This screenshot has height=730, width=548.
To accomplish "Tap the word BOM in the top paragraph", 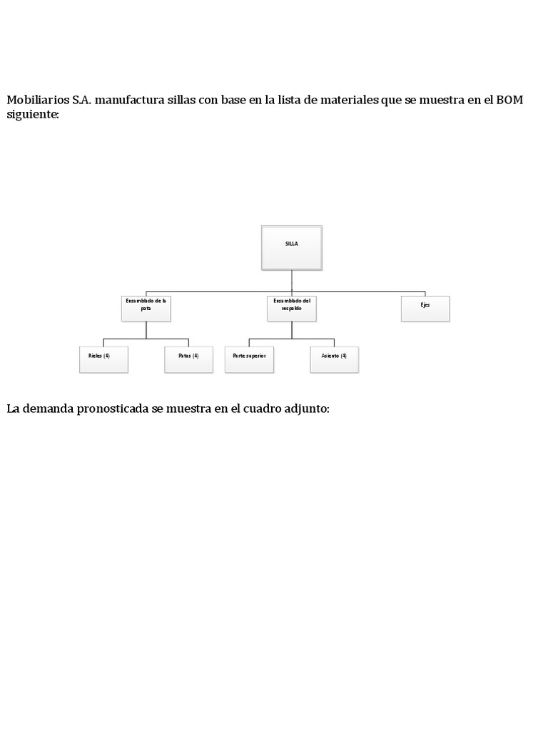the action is coord(509,100).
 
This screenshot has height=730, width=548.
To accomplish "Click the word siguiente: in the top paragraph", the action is coord(33,114).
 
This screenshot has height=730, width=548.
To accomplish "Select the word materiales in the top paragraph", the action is coord(345,100).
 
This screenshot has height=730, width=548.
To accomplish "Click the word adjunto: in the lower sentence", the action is coord(308,410).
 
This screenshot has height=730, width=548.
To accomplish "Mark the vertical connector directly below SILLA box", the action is coord(291,281).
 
